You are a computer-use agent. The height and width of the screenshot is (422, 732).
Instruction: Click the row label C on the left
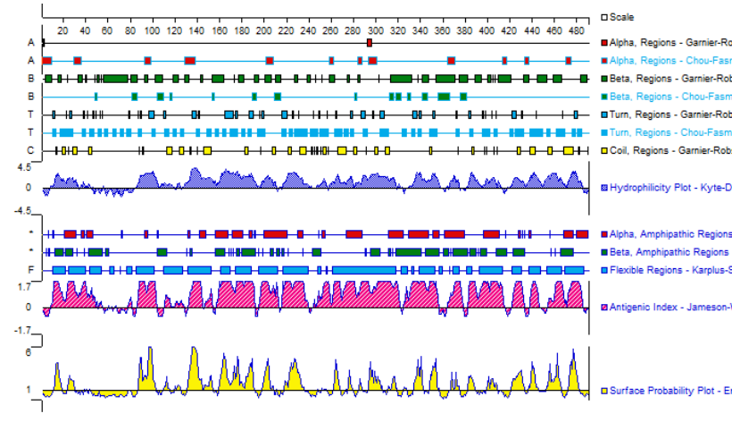pos(30,150)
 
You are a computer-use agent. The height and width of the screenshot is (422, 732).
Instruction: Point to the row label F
pos(30,270)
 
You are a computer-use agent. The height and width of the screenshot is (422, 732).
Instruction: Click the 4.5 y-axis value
pos(25,166)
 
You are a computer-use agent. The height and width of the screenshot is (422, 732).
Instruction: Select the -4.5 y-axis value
pos(23,212)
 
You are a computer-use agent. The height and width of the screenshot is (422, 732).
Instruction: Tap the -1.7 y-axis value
pos(23,330)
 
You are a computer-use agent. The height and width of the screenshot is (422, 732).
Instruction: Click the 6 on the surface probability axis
pos(29,352)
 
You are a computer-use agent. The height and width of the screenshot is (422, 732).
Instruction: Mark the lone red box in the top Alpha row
pos(370,43)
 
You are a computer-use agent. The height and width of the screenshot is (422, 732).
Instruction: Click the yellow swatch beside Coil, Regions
pos(604,150)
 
